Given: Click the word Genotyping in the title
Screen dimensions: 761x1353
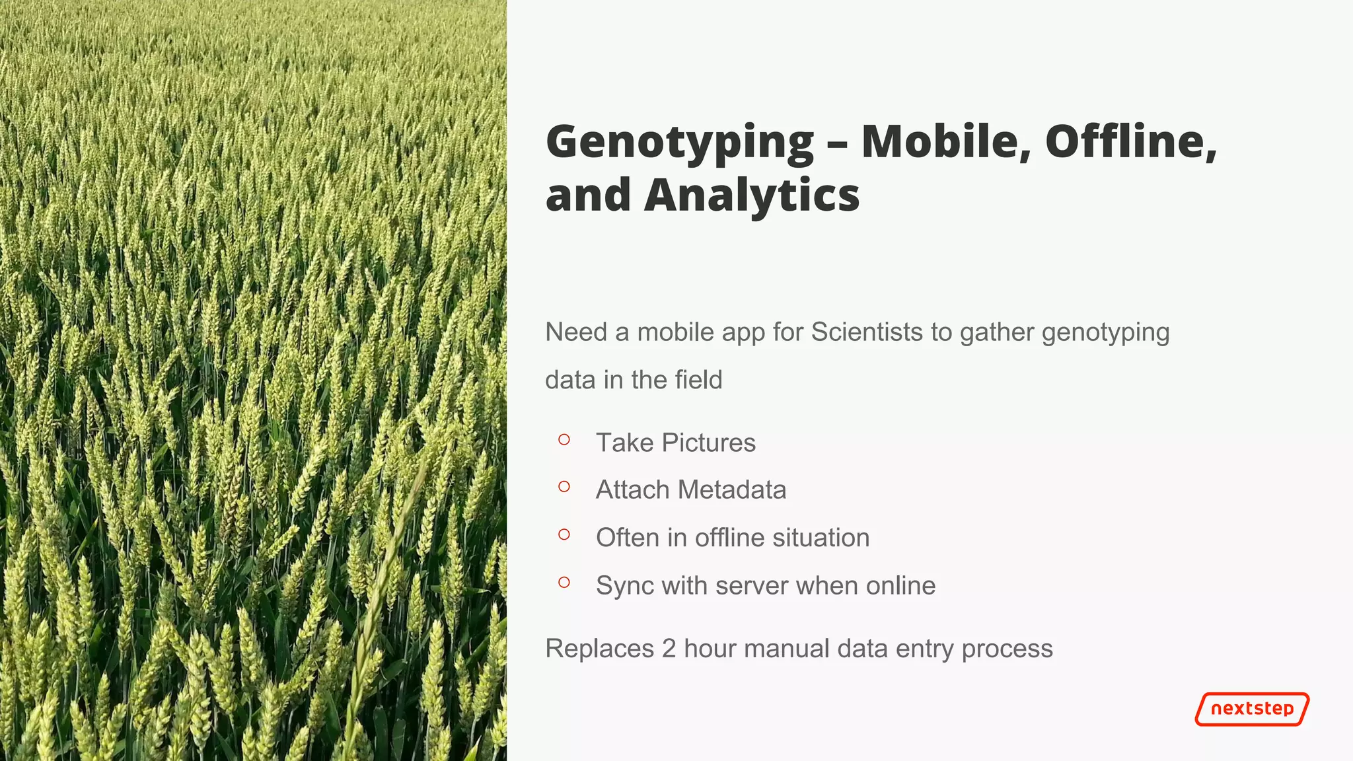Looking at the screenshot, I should click(x=680, y=143).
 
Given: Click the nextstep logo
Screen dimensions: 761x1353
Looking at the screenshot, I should click(x=1252, y=709).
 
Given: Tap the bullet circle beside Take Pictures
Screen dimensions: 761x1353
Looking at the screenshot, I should click(x=564, y=439).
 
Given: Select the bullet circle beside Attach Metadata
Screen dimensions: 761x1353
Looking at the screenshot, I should click(x=564, y=487).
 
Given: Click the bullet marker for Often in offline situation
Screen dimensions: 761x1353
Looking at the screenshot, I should click(x=564, y=534).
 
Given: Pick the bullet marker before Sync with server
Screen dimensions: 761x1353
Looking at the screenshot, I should click(x=564, y=582).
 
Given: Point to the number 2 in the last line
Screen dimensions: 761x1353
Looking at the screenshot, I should click(x=669, y=649).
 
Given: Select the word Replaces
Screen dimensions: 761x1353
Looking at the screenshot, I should click(x=599, y=649).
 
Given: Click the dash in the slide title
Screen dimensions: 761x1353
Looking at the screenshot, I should click(x=838, y=144).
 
